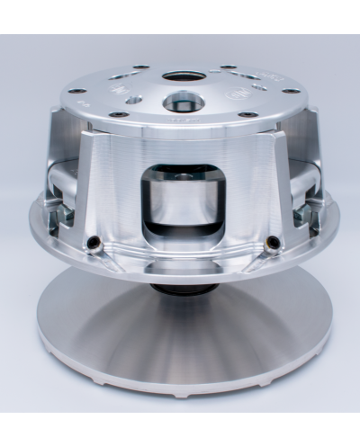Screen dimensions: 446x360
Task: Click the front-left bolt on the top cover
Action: (119, 114)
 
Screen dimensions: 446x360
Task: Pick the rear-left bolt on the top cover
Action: (140, 67)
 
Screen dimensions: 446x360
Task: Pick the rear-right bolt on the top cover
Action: (229, 67)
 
